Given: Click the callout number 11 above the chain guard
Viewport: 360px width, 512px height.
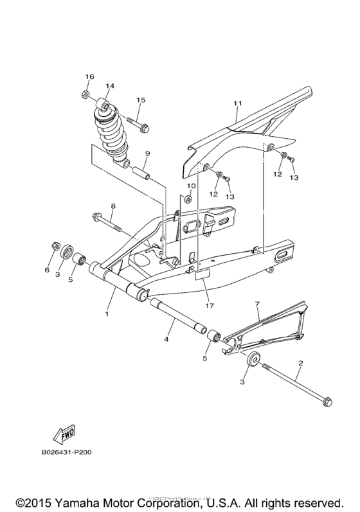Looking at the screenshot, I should click(x=237, y=103).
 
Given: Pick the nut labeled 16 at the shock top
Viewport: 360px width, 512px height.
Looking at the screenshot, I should click(x=86, y=96).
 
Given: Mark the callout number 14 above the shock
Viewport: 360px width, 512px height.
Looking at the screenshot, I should click(x=109, y=85).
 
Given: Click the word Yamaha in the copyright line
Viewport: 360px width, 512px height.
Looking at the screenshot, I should click(x=79, y=500).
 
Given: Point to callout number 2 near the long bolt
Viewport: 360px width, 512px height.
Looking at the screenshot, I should click(x=300, y=364).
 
